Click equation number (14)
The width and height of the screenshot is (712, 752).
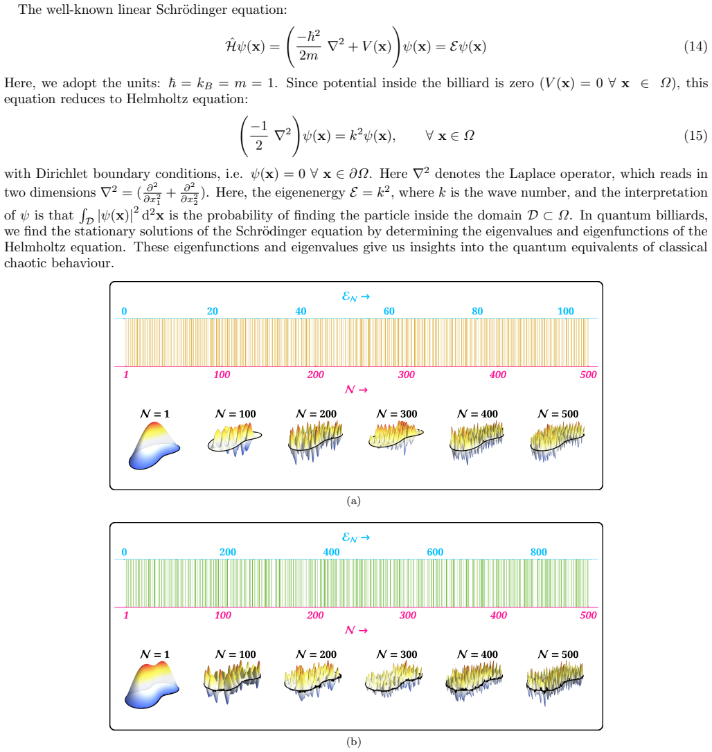pos(695,46)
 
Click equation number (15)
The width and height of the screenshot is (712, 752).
pos(695,136)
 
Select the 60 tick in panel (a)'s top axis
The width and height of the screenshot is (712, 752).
pos(389,311)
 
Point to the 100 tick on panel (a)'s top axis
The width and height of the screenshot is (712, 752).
pos(566,311)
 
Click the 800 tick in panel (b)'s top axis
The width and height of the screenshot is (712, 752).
pos(539,552)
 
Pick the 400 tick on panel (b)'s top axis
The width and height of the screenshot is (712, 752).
pos(332,552)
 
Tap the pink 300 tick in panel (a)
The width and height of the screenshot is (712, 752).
pos(407,375)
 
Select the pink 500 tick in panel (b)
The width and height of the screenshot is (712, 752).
pos(588,616)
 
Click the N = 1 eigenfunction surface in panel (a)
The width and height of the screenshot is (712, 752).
pos(154,445)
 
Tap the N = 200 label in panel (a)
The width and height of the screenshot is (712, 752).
pos(317,413)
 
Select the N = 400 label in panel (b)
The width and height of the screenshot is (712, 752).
pos(477,654)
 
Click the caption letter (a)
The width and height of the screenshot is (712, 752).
pos(354,501)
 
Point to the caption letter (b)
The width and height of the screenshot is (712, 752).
pos(354,742)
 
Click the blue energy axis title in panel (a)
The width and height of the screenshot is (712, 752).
pos(356,297)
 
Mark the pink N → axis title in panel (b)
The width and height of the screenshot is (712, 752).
pos(356,630)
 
